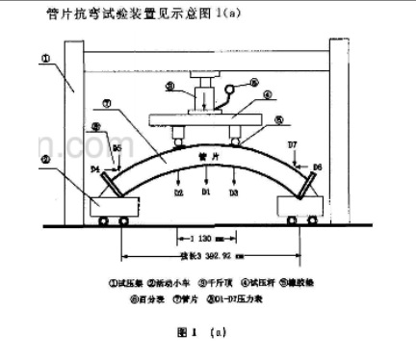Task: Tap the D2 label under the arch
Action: pos(178,193)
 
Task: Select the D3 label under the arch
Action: pos(232,193)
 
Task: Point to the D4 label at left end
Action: pos(95,170)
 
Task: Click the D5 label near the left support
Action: pos(117,148)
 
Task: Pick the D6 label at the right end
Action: pos(318,167)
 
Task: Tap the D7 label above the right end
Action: pos(293,144)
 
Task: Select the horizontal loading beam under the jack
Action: pos(205,120)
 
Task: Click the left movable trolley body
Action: pos(115,203)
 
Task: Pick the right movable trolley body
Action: pos(299,203)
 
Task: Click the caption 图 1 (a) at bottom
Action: pos(207,333)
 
